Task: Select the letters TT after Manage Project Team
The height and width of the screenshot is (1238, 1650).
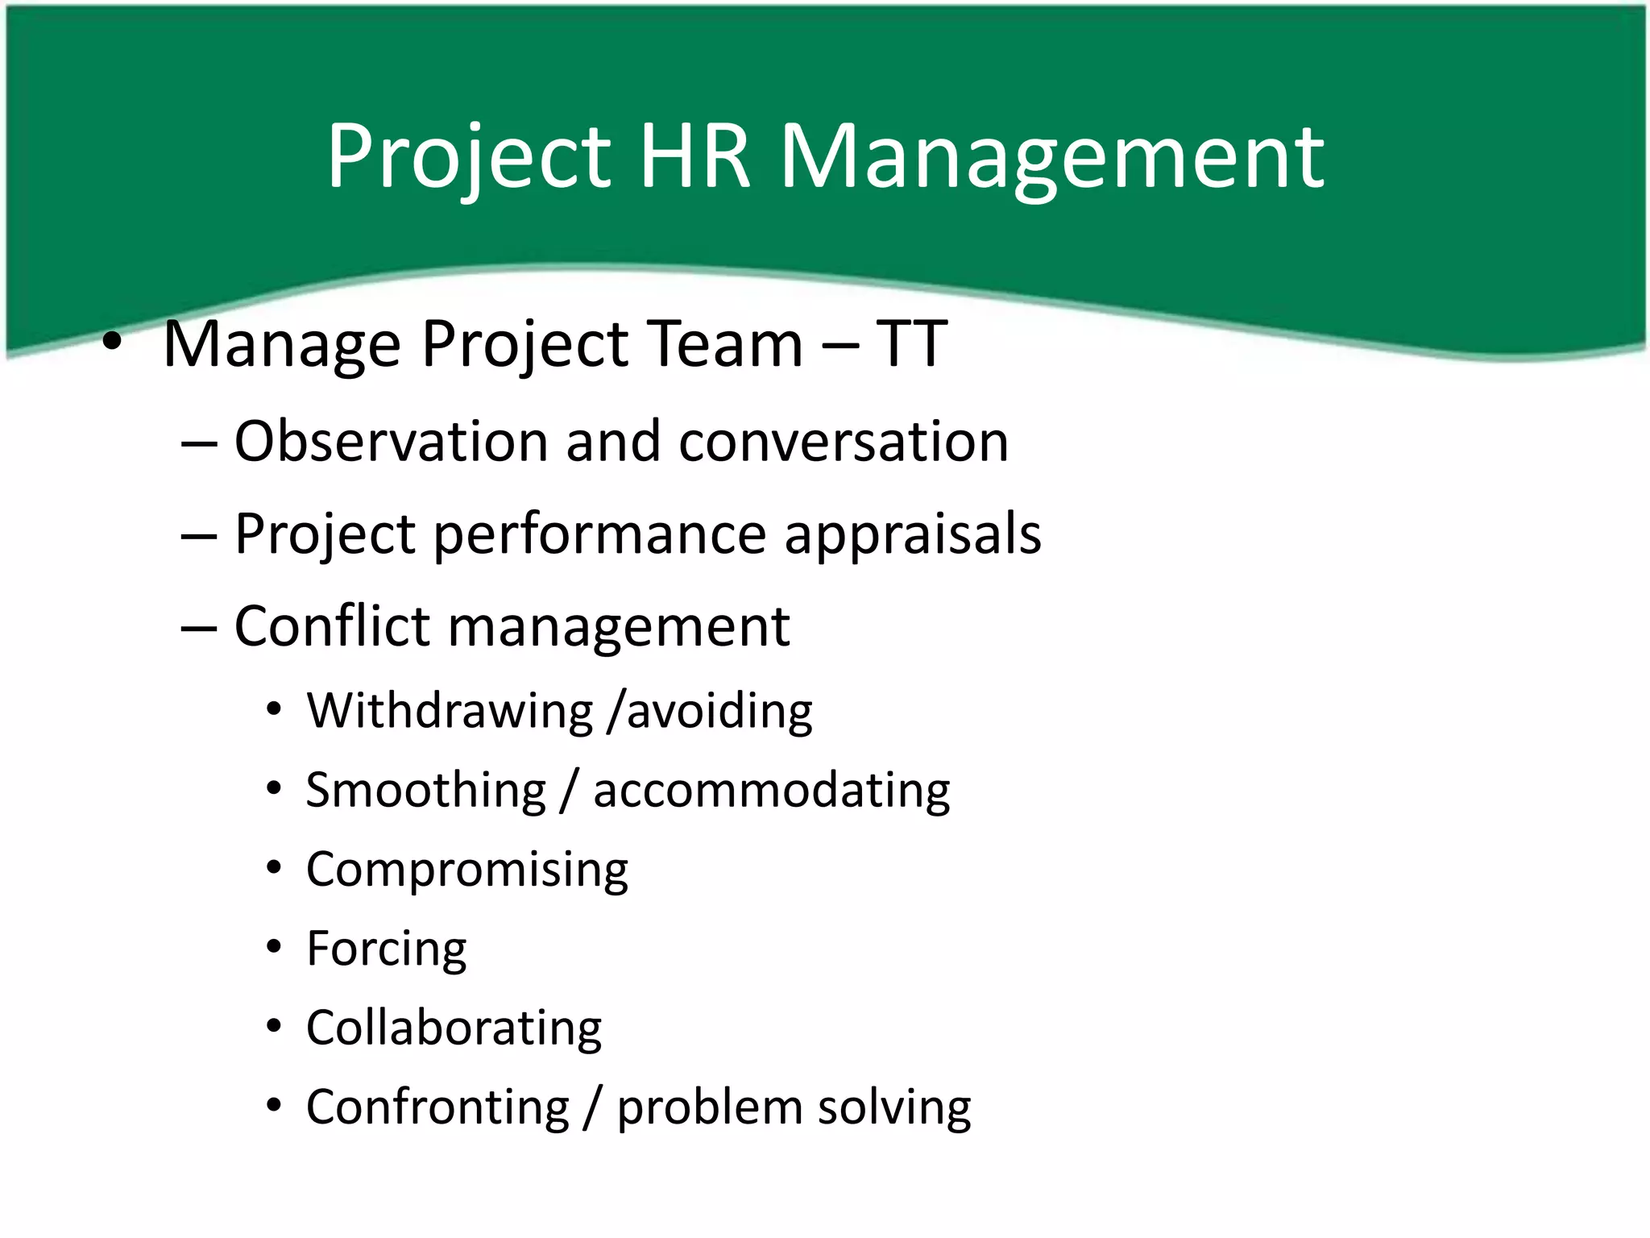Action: click(x=911, y=344)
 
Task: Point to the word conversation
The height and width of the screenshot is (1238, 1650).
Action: click(x=844, y=442)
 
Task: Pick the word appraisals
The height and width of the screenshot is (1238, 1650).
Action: click(x=913, y=534)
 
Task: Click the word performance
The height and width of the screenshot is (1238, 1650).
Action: click(x=599, y=534)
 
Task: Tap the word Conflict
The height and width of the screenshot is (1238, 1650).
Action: click(x=332, y=626)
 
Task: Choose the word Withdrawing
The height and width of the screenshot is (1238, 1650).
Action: click(x=450, y=711)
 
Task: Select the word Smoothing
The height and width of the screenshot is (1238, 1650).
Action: click(x=426, y=791)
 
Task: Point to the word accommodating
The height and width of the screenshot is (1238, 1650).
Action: click(x=772, y=791)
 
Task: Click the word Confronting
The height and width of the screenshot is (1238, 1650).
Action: click(x=437, y=1107)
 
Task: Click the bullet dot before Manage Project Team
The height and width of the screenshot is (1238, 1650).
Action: click(x=112, y=343)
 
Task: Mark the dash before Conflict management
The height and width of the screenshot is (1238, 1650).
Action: click(x=199, y=627)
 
